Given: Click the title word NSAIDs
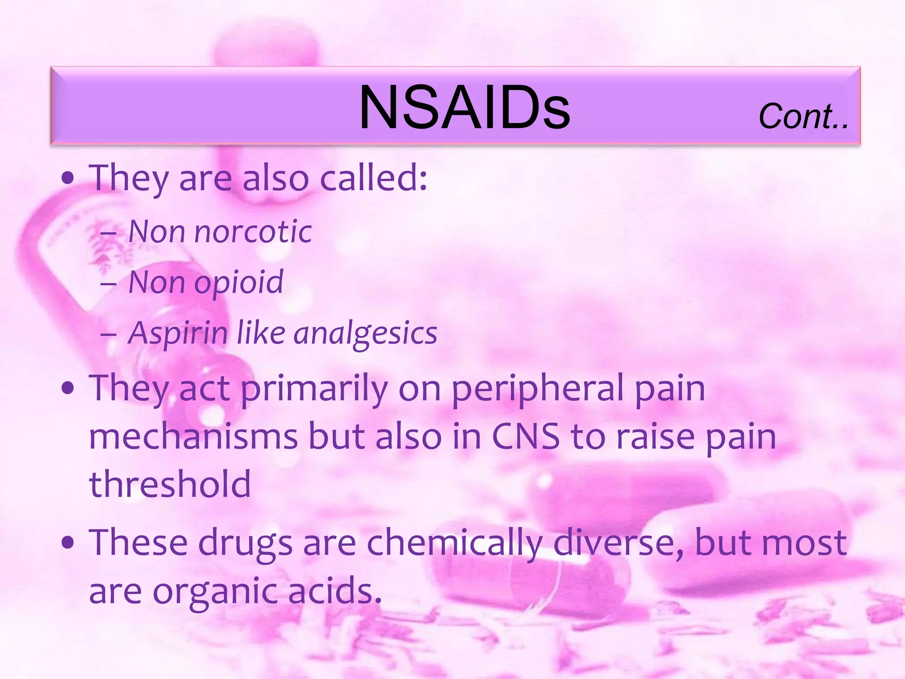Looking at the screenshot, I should [x=464, y=107].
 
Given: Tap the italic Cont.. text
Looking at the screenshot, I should [x=803, y=116].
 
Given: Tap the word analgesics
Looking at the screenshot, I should [x=365, y=334].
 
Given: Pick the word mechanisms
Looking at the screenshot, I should [x=194, y=437].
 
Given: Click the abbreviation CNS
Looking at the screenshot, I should [x=525, y=437].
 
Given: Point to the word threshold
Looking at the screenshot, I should [x=170, y=484].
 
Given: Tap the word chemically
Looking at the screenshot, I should [x=455, y=543].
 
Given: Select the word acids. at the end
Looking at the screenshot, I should [x=335, y=591].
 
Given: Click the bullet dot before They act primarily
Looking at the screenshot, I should [x=68, y=389].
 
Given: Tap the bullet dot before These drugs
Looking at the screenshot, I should [x=68, y=543].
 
